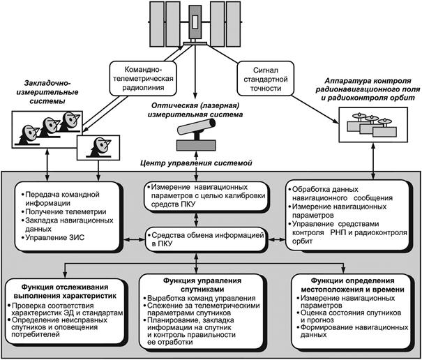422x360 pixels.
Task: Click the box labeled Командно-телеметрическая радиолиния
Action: [143, 78]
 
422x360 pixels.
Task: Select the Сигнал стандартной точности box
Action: [265, 78]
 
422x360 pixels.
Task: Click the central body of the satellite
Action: [195, 22]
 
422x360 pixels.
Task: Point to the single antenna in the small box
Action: [98, 147]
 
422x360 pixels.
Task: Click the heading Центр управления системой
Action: [196, 163]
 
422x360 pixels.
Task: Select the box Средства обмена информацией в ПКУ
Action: [205, 239]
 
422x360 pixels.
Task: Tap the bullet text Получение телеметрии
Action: [66, 212]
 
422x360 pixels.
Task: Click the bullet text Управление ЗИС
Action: [54, 238]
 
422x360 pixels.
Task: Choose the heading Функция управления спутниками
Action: [202, 285]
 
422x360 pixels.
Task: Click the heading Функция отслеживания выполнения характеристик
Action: [65, 292]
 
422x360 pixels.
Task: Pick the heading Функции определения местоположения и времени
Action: [352, 285]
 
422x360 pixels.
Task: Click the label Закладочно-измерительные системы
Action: [47, 92]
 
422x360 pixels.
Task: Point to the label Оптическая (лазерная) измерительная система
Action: [195, 110]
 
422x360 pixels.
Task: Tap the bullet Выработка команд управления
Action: [199, 299]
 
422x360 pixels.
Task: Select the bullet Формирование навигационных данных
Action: [352, 331]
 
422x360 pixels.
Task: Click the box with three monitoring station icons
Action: [373, 125]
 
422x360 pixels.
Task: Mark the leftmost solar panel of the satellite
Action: [156, 24]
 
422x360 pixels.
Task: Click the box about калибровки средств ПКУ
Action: [205, 196]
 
